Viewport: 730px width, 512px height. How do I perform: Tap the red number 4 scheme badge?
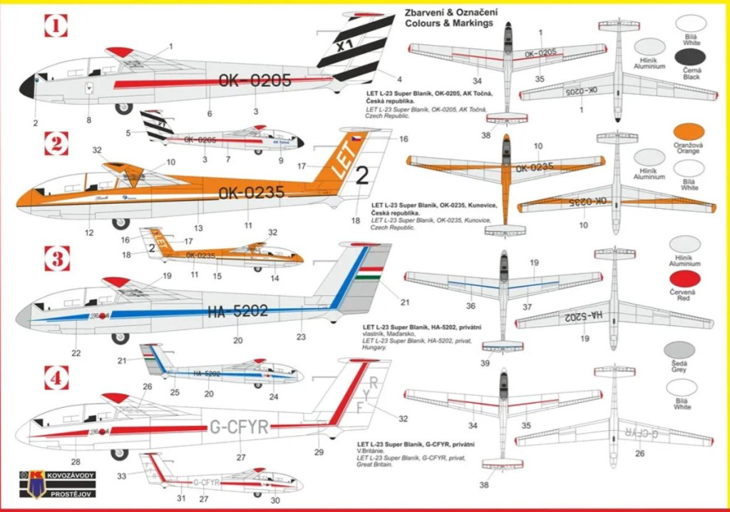pyautogui.click(x=56, y=377)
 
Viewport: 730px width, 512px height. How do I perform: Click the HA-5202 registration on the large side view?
pyautogui.click(x=238, y=310)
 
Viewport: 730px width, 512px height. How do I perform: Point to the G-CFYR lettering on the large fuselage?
pyautogui.click(x=239, y=427)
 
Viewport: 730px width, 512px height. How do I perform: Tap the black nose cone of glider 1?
pyautogui.click(x=27, y=87)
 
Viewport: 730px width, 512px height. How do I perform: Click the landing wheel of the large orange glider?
pyautogui.click(x=120, y=223)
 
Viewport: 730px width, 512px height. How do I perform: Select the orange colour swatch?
pyautogui.click(x=690, y=132)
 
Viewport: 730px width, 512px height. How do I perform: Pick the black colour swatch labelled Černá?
pyautogui.click(x=690, y=58)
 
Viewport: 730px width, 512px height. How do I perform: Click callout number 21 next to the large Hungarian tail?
pyautogui.click(x=405, y=302)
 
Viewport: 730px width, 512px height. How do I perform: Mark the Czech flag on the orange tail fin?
pyautogui.click(x=355, y=137)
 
